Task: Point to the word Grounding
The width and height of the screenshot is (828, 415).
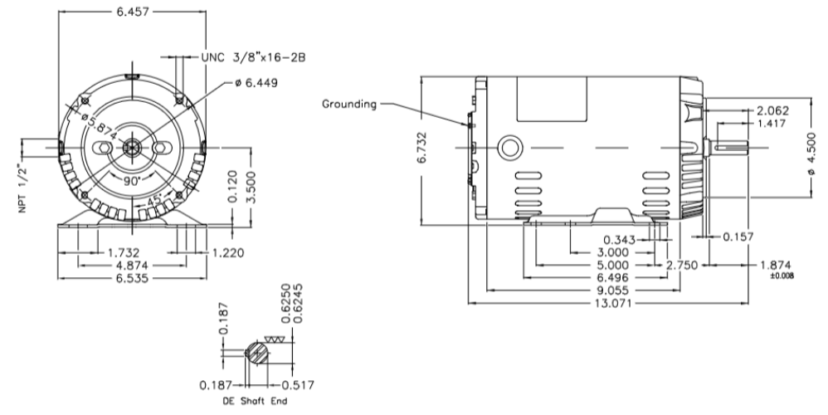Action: coord(349,105)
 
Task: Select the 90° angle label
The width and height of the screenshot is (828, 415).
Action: coord(133,179)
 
